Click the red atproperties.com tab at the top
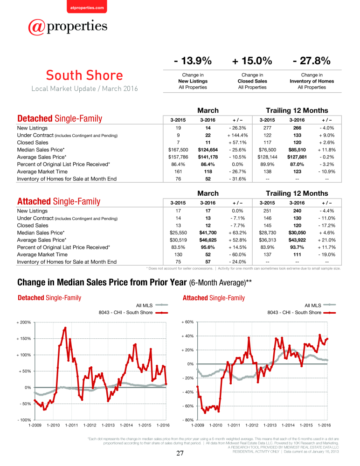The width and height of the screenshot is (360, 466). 87,7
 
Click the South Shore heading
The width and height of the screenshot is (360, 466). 84,75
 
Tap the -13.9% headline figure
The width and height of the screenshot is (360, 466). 193,61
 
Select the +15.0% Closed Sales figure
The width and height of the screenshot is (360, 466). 252,61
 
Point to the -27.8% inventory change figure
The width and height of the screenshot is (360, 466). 312,61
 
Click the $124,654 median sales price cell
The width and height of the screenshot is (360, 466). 208,150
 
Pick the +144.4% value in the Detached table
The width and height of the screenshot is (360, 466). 237,135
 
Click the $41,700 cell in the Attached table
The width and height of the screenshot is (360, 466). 208,233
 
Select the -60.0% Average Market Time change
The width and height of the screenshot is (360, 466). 237,255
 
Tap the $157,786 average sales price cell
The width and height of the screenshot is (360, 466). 178,157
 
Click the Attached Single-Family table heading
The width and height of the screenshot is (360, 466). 59,201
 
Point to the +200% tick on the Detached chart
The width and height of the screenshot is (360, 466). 23,322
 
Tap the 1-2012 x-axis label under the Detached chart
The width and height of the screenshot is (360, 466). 90,425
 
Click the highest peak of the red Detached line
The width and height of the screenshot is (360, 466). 65,328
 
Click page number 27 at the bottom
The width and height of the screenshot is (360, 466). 180,453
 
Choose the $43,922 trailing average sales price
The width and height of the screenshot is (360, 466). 297,240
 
